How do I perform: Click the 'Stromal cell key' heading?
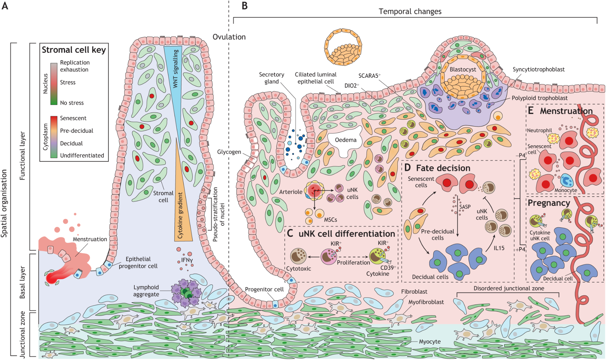pyautogui.click(x=74, y=50)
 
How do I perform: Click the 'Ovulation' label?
pyautogui.click(x=229, y=37)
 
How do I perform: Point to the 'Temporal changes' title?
pyautogui.click(x=410, y=12)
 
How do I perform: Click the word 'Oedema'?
pyautogui.click(x=345, y=140)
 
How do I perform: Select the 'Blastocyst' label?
pyautogui.click(x=463, y=69)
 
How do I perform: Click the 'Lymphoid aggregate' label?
pyautogui.click(x=146, y=291)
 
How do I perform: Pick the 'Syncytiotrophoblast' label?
pyautogui.click(x=539, y=69)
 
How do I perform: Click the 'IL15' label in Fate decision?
pyautogui.click(x=499, y=248)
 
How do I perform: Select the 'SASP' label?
pyautogui.click(x=465, y=207)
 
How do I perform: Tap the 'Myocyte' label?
pyautogui.click(x=430, y=342)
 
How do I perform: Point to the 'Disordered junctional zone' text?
pyautogui.click(x=509, y=288)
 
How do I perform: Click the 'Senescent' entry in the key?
pyautogui.click(x=73, y=118)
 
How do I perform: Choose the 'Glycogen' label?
pyautogui.click(x=229, y=152)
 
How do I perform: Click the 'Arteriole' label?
pyautogui.click(x=291, y=192)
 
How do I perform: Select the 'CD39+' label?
pyautogui.click(x=388, y=268)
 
